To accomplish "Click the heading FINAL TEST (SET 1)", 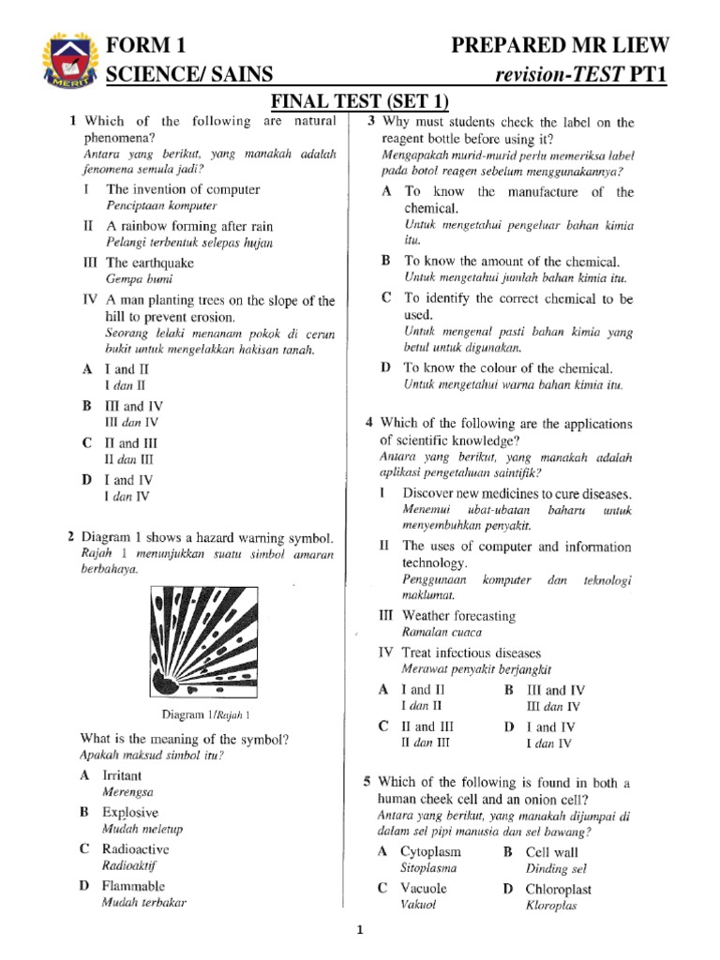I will (x=360, y=100).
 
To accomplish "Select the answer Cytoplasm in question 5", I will (x=430, y=851).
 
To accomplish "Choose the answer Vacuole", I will (x=424, y=888).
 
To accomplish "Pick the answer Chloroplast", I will (x=559, y=888).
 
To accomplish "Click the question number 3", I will (x=371, y=122).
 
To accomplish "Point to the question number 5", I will (x=368, y=782).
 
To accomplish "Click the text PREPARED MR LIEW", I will (x=561, y=46).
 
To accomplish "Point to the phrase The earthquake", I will (x=150, y=263).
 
